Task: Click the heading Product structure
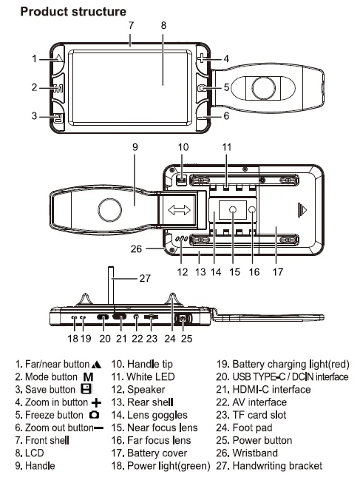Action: pos(73,12)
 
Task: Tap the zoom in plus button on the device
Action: pos(202,58)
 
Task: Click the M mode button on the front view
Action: pos(58,88)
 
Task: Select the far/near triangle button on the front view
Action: pos(58,58)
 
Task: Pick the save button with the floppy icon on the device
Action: pos(58,118)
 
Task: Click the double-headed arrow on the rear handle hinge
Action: pos(179,210)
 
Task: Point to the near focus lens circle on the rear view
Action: pos(233,210)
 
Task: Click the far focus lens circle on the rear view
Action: pos(252,209)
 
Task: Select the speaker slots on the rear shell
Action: pos(181,239)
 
